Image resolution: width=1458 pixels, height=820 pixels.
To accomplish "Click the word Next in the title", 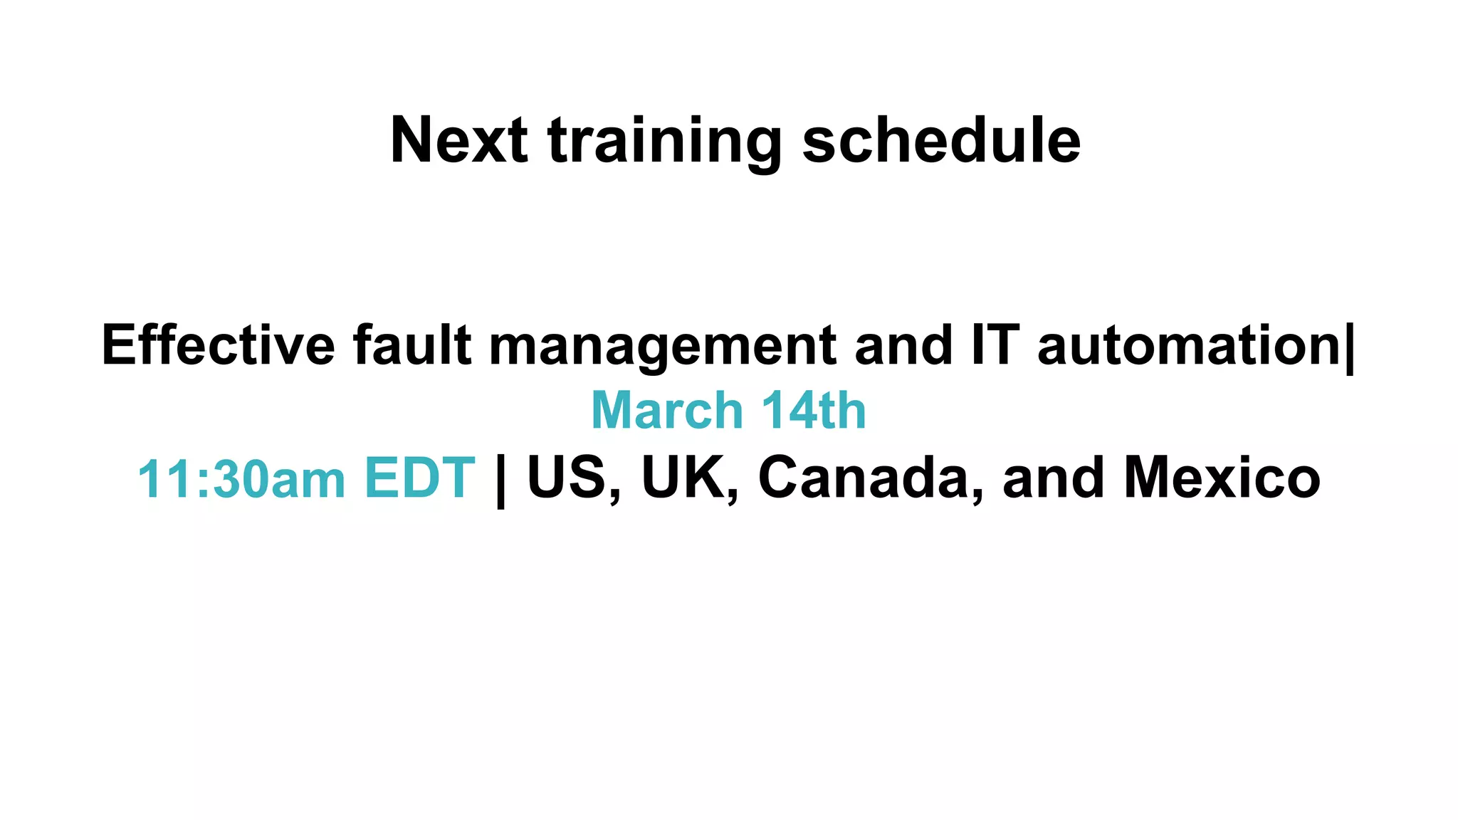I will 459,140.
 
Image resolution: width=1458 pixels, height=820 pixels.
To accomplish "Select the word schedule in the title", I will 941,140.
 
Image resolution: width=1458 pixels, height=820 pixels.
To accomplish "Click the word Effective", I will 218,345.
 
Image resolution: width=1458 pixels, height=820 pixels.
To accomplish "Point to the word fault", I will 412,345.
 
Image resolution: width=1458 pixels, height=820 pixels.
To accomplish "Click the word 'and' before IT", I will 903,345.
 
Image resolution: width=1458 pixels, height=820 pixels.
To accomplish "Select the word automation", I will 1189,345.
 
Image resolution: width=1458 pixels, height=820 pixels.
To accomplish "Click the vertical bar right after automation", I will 1350,347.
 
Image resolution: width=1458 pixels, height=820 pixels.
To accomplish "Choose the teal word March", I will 667,411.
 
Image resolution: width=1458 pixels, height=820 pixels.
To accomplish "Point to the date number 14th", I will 813,411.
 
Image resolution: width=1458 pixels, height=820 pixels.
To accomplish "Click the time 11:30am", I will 241,478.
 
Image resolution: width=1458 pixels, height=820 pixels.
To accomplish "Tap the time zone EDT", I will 419,478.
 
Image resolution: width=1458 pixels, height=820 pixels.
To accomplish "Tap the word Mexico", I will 1222,478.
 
